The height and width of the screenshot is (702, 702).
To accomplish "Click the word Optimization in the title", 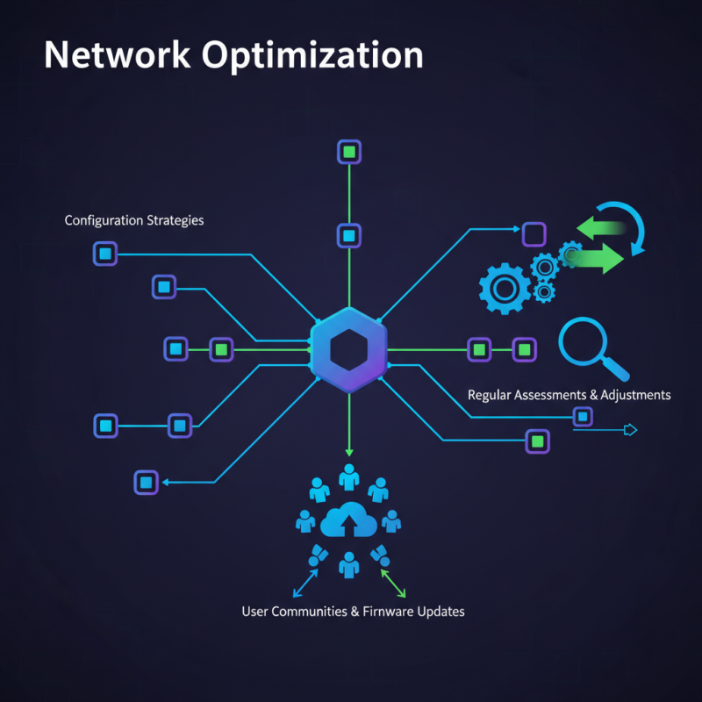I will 313,55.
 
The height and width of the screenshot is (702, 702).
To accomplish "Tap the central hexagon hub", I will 348,350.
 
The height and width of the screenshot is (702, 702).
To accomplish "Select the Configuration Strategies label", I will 134,220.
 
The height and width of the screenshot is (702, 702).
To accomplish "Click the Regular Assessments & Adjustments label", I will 569,395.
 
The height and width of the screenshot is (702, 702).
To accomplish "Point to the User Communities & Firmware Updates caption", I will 353,611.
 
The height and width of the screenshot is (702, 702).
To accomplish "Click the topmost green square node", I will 349,152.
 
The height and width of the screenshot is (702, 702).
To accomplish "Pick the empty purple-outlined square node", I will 534,234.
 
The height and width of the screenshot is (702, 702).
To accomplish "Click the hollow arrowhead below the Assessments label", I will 628,430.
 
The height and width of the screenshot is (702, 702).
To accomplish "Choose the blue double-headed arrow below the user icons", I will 304,582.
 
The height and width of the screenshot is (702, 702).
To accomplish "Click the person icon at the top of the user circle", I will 349,477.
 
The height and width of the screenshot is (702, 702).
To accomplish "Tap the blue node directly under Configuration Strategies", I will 104,254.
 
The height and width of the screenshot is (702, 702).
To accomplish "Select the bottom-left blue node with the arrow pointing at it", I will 146,482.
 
